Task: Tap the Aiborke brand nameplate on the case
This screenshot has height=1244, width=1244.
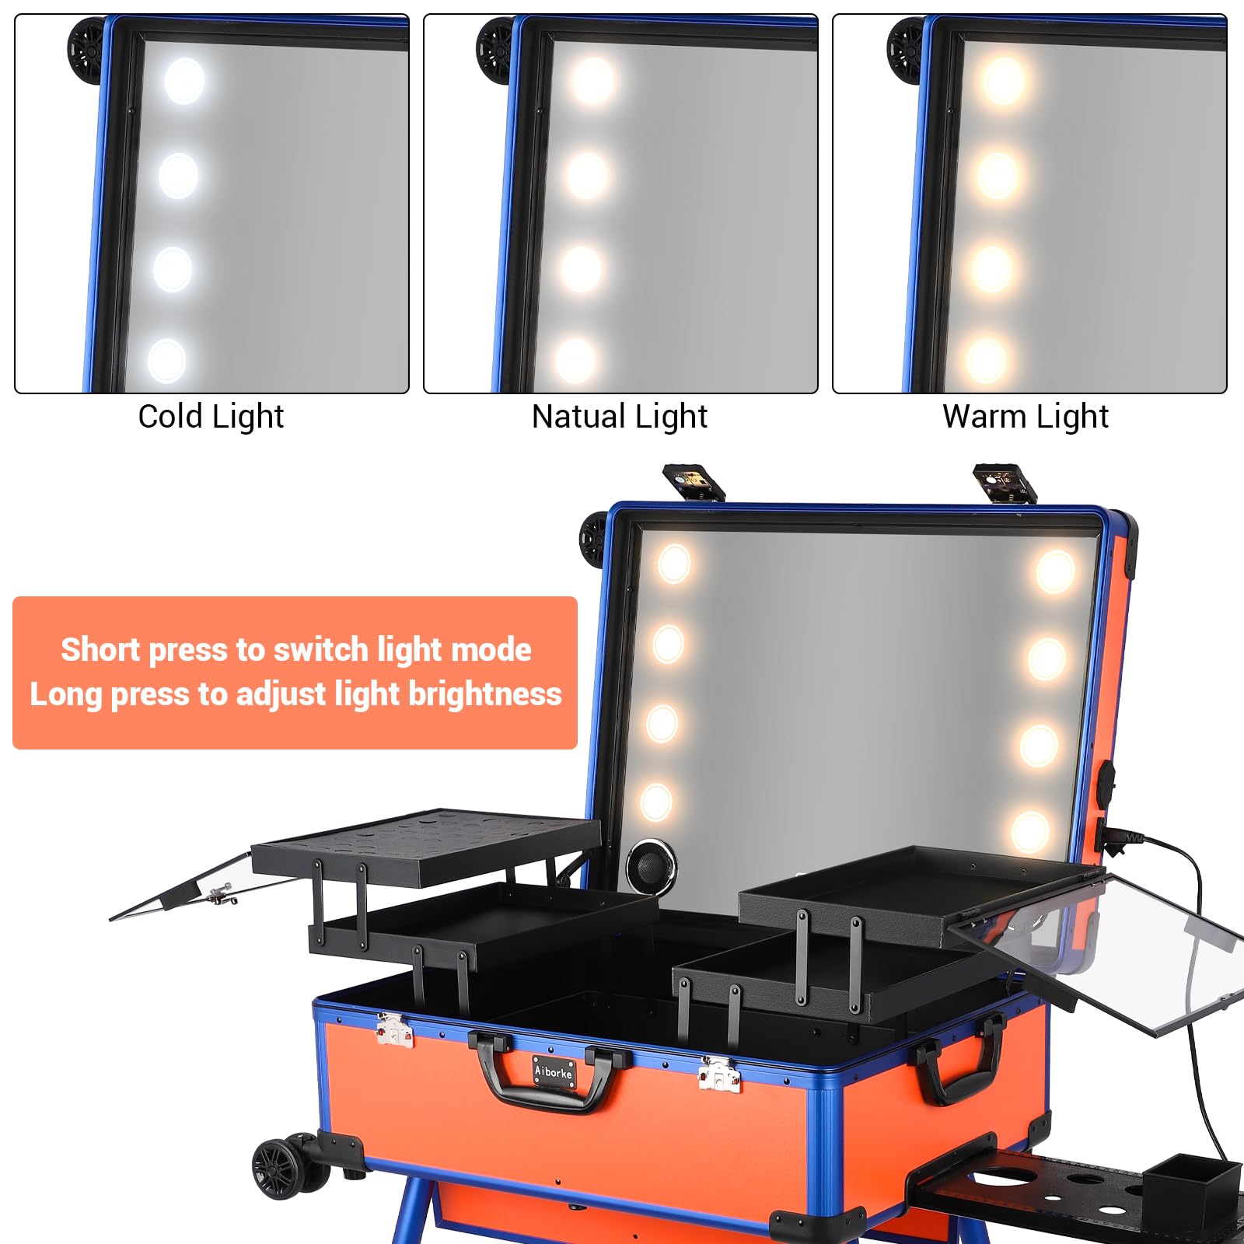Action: pos(554,1071)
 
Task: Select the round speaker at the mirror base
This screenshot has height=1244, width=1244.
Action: pos(652,865)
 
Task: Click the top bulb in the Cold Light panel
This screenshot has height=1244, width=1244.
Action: pos(184,81)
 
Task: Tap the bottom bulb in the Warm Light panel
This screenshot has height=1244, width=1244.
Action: pos(986,360)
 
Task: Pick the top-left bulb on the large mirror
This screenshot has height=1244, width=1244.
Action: pos(673,563)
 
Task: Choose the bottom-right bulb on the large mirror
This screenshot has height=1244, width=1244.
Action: pos(1030,830)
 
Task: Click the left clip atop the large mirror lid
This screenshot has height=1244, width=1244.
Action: pos(694,482)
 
